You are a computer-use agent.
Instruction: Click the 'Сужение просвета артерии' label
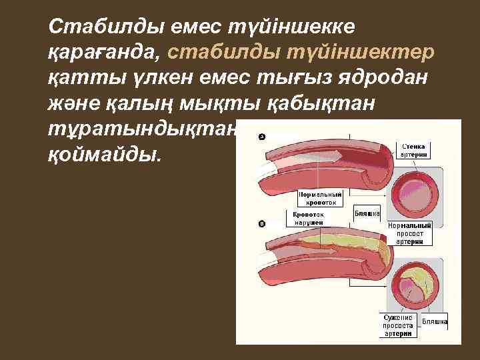tap(399, 325)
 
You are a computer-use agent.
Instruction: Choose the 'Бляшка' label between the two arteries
tap(367, 213)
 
